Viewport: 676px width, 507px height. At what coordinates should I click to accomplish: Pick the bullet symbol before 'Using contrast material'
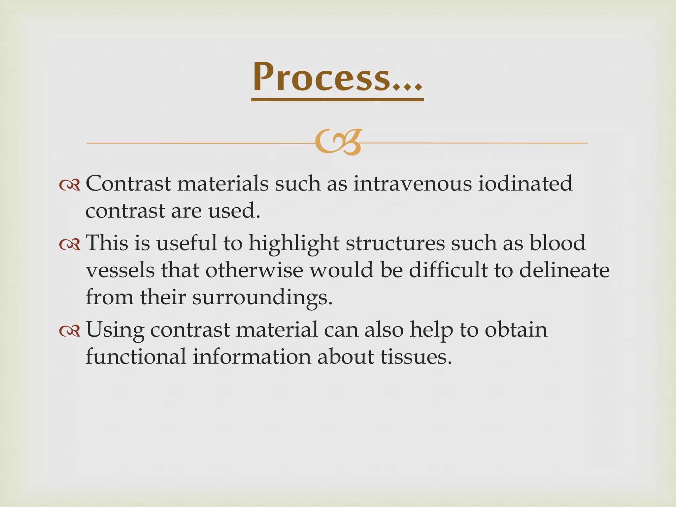click(x=70, y=331)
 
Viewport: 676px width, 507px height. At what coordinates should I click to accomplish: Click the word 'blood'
click(x=558, y=243)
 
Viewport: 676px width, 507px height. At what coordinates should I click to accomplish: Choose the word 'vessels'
click(x=120, y=271)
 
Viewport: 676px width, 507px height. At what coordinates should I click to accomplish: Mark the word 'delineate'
click(x=564, y=271)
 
